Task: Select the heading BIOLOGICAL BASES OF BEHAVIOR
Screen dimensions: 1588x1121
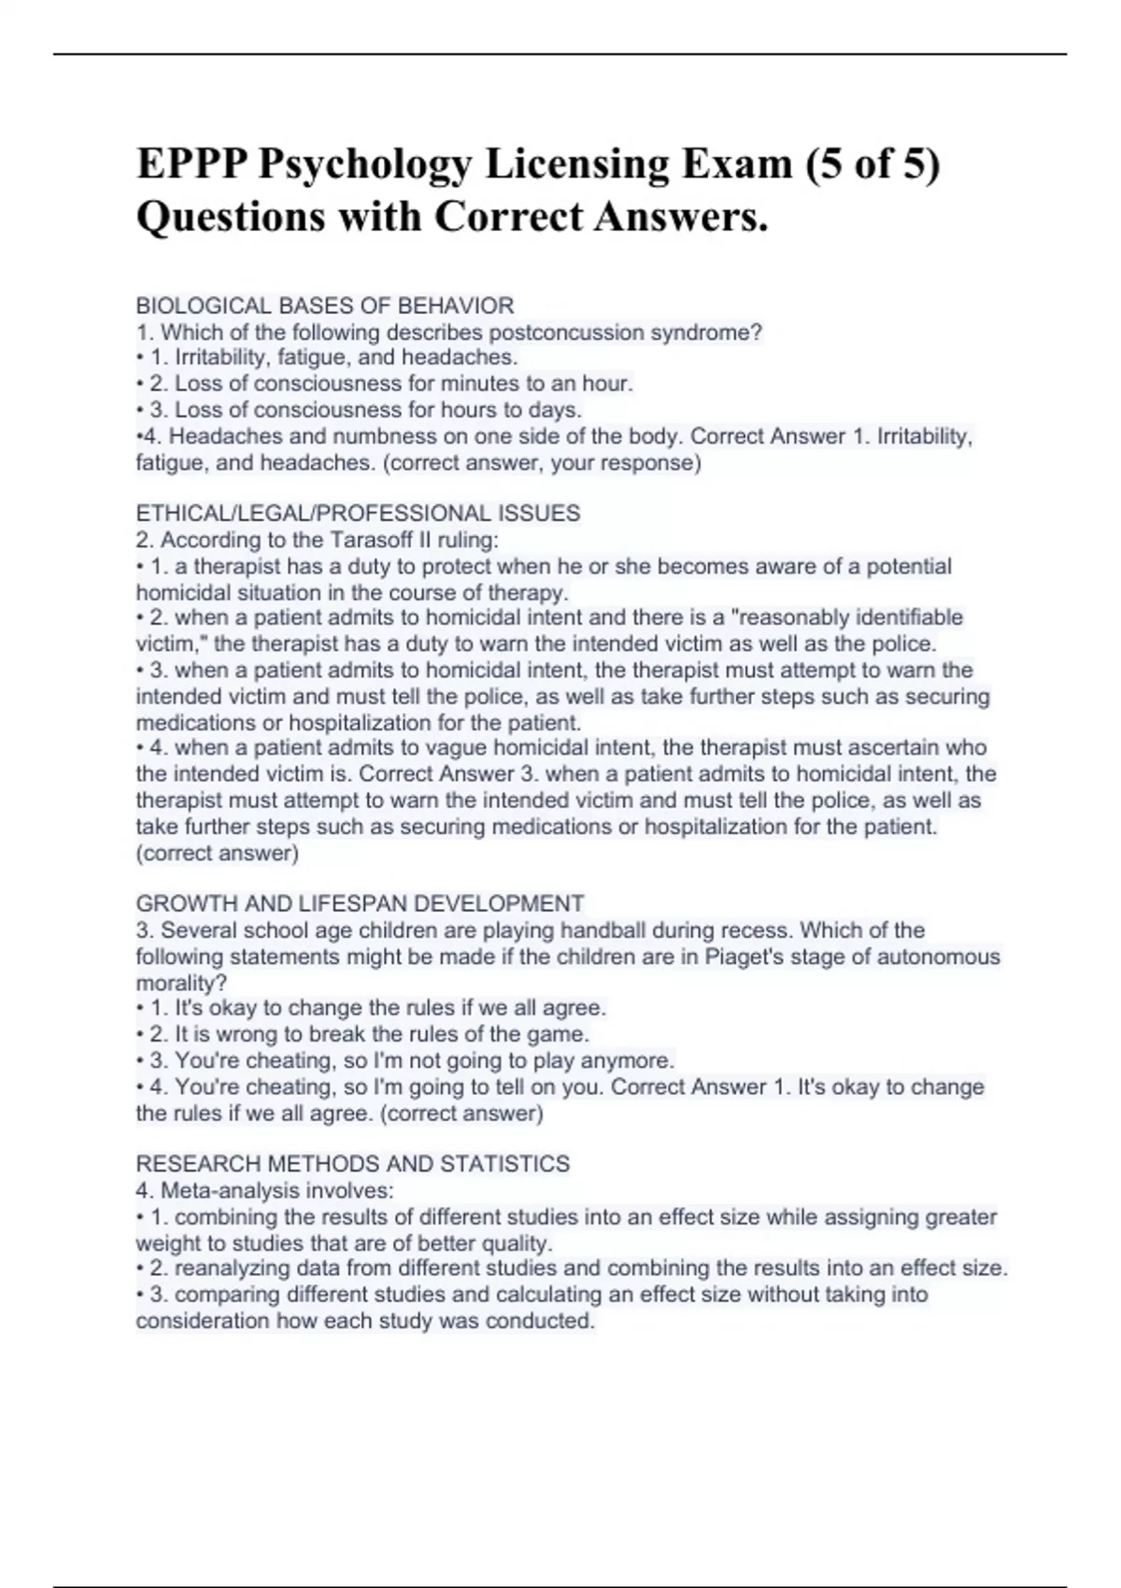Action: pos(324,305)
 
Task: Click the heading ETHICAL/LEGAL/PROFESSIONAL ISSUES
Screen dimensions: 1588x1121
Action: pos(358,513)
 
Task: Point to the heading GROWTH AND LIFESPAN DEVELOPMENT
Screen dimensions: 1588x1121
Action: pos(360,903)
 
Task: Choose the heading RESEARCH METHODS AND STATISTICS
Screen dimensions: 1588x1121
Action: pos(352,1163)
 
